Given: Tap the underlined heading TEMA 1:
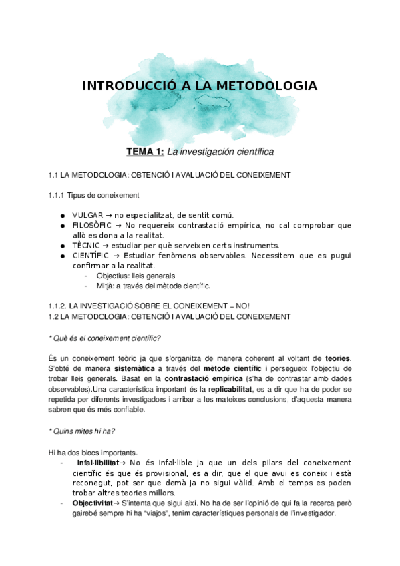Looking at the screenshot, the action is tap(145, 152).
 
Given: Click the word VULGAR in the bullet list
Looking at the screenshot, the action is tap(87, 215).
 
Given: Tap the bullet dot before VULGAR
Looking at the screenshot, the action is tap(61, 215).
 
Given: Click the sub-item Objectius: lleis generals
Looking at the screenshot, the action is tap(136, 276).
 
